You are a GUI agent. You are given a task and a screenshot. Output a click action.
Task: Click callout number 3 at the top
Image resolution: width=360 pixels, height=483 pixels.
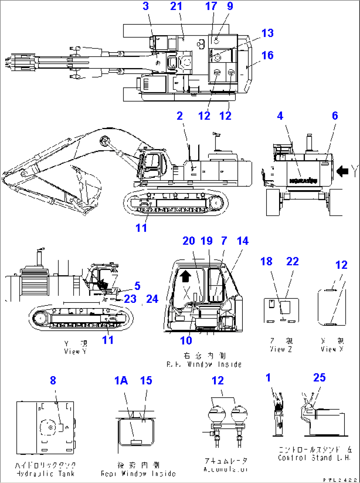point(146,6)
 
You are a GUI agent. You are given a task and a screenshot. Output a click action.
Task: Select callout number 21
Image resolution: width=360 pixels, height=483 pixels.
point(176,6)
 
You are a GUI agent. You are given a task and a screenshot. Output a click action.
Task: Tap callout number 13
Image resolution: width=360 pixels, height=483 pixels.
point(268,33)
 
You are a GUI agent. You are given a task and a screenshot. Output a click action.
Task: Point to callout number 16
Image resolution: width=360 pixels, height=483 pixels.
point(268,55)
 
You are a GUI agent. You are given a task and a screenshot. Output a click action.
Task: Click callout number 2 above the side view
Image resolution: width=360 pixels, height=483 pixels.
point(180,116)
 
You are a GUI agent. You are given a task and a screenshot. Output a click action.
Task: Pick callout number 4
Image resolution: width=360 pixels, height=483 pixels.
point(280,116)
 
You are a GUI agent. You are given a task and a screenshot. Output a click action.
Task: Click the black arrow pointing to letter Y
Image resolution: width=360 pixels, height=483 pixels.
point(342,171)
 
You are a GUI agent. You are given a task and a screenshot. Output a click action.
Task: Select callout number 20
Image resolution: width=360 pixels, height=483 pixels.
point(189,241)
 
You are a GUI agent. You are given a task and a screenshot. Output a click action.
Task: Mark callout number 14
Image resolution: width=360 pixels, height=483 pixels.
point(243,241)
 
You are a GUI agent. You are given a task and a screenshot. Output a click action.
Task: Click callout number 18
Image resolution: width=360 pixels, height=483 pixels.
point(267,261)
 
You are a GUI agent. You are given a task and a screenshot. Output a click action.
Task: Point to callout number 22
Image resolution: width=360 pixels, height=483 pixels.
point(293,261)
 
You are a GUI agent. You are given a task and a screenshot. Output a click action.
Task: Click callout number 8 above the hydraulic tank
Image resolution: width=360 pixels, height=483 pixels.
point(53,381)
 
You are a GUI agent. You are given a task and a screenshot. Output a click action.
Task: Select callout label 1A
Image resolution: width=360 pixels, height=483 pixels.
point(121,381)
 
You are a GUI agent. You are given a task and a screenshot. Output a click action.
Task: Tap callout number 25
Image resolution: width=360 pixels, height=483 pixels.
point(319,378)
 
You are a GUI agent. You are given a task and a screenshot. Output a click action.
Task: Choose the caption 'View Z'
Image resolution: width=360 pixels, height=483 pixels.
point(281,349)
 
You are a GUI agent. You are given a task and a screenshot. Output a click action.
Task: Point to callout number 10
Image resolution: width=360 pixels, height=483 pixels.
point(186,340)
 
